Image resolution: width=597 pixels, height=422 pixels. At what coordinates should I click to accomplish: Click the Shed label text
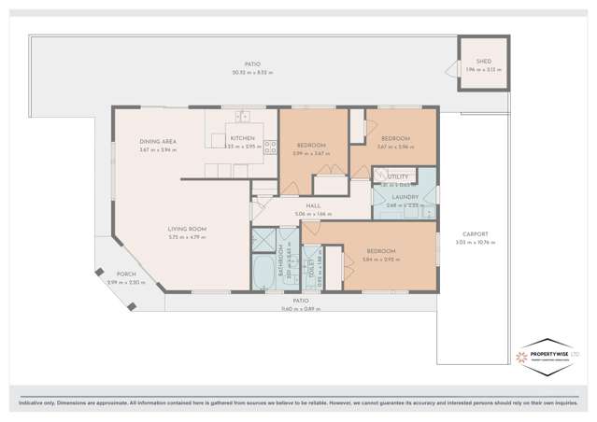(x=483, y=61)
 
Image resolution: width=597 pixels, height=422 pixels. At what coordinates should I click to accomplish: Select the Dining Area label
(x=158, y=142)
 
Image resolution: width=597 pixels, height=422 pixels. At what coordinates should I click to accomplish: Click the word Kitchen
(x=242, y=138)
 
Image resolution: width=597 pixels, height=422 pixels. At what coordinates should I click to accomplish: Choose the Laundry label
(x=404, y=197)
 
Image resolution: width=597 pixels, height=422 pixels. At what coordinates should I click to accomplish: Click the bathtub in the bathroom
(x=263, y=274)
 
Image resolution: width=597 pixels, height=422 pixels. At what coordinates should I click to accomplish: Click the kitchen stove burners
(x=270, y=146)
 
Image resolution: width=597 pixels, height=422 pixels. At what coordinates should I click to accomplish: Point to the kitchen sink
(x=243, y=117)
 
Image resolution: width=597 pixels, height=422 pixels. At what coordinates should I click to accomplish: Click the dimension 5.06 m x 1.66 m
(x=315, y=214)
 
